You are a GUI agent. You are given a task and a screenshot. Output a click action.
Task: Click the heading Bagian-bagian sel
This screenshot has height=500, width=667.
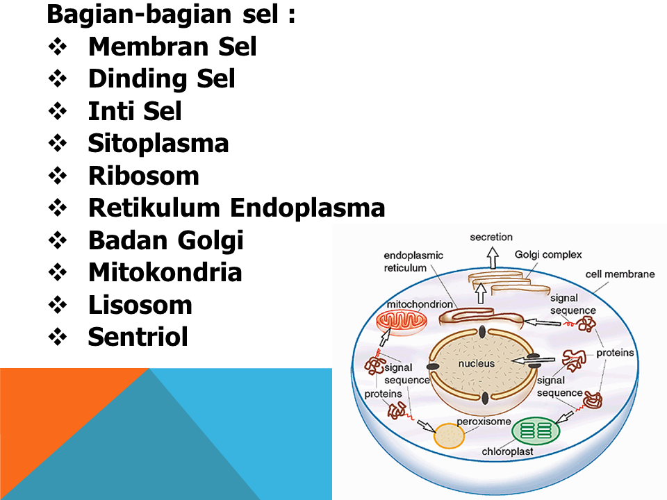(171, 14)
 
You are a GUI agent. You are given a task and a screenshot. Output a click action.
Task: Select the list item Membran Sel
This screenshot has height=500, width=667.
(172, 47)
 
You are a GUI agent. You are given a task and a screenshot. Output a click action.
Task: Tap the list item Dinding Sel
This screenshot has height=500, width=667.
(161, 78)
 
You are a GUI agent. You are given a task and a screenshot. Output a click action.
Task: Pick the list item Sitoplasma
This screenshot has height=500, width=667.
(158, 143)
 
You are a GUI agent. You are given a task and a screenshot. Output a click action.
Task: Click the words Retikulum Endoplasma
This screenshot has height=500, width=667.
(236, 208)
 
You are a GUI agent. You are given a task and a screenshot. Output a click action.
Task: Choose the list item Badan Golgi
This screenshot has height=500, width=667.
(165, 240)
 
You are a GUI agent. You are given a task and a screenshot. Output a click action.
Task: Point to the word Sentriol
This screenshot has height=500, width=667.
(138, 337)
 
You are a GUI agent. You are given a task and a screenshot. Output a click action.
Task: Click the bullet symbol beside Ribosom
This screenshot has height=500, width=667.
(58, 176)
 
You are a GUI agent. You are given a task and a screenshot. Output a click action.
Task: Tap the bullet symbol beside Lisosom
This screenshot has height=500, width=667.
(58, 306)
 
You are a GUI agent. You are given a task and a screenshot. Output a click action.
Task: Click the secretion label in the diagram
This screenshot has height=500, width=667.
(491, 237)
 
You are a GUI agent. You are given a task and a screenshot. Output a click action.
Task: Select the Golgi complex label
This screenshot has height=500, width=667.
(548, 255)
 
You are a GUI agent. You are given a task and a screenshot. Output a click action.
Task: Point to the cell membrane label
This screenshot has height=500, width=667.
(620, 274)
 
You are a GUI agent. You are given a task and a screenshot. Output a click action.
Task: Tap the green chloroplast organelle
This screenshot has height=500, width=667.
(536, 431)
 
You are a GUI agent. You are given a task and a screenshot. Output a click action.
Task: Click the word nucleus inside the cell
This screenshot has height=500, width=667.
(476, 364)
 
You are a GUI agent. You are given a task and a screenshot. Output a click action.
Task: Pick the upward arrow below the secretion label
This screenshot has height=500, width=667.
(492, 258)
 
